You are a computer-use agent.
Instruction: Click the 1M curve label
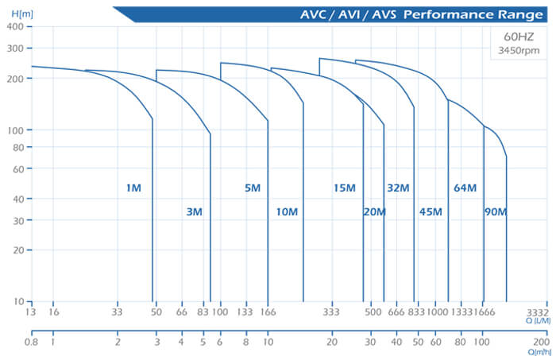[133, 188]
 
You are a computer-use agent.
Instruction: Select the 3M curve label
[194, 211]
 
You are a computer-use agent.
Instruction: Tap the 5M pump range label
[253, 188]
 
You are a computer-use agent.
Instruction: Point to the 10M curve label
[287, 211]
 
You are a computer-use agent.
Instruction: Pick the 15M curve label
[344, 188]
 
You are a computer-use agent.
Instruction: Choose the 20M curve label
[374, 211]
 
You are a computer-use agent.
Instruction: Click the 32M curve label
[398, 188]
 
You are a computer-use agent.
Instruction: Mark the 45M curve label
[431, 211]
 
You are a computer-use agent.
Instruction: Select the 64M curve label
[465, 188]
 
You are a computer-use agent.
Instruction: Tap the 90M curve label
[495, 211]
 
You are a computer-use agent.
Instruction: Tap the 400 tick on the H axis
[14, 26]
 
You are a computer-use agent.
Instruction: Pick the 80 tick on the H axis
[17, 147]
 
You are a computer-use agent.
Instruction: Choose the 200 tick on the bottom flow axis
[542, 343]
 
